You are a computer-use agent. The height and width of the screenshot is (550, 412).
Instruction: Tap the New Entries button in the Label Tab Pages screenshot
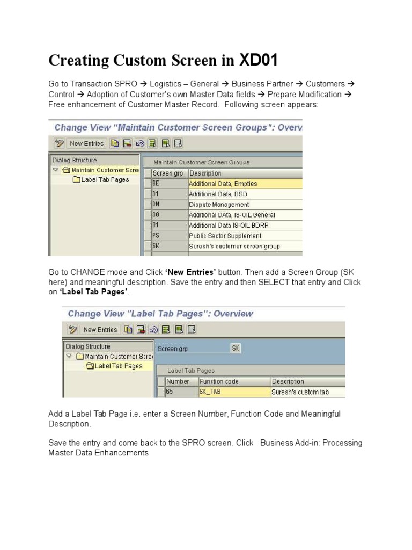[x=99, y=330]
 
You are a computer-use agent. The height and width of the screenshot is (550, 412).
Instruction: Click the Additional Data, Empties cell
[x=223, y=184]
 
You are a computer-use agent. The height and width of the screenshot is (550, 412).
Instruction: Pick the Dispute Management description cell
[x=219, y=205]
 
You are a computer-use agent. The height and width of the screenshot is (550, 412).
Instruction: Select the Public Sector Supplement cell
[x=225, y=236]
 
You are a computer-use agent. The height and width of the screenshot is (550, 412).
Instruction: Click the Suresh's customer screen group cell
[x=234, y=247]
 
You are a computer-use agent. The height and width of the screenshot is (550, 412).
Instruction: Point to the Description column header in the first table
[x=205, y=173]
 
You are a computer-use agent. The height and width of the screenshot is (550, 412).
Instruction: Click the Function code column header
[x=219, y=382]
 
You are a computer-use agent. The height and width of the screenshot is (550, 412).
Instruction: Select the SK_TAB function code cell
[x=210, y=392]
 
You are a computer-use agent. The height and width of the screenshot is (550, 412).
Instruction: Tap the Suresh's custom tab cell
[x=300, y=392]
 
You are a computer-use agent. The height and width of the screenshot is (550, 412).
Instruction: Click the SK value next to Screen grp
[x=236, y=349]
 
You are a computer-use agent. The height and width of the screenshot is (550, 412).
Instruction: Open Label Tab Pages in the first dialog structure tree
[x=105, y=180]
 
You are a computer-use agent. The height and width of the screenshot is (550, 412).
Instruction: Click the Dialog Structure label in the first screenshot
[x=75, y=160]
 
